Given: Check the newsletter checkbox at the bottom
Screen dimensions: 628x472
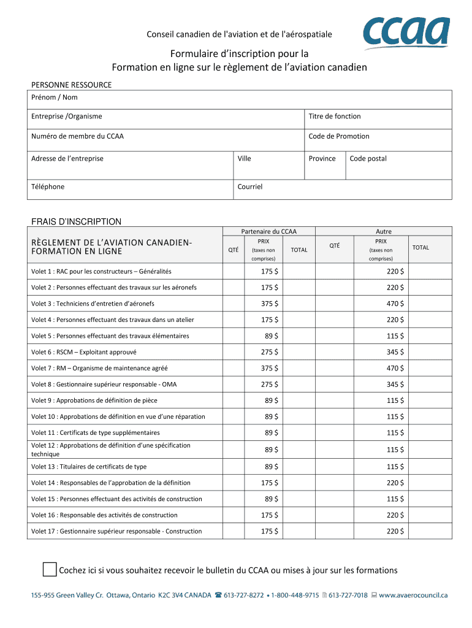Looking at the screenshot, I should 50,570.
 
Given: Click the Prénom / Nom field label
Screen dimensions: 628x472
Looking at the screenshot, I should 55,98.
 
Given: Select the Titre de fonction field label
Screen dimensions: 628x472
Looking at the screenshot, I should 335,117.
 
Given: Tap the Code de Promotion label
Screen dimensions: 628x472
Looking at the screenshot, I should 339,136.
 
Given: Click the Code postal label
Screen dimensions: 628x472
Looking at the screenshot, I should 368,158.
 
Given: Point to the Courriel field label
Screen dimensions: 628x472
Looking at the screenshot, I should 250,186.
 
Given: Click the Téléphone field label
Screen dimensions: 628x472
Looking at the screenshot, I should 48,186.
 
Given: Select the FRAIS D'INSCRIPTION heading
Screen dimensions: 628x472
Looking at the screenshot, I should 76,221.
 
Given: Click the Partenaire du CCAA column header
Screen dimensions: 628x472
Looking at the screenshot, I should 268,231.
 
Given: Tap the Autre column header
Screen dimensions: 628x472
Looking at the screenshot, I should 384,231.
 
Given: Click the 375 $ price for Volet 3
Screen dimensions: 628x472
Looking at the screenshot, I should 269,304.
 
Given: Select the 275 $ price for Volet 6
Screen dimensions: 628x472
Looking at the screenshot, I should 269,352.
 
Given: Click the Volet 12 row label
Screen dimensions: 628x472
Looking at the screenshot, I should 110,450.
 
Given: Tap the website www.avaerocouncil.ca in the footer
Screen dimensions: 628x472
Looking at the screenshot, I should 414,595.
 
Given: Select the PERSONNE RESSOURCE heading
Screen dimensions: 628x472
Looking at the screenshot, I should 71,85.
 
